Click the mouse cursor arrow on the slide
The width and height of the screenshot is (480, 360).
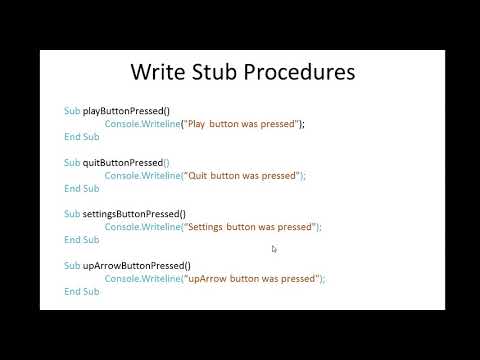point(274,249)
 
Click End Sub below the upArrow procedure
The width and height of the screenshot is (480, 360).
point(81,292)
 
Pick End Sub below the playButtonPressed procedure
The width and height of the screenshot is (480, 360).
point(81,136)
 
